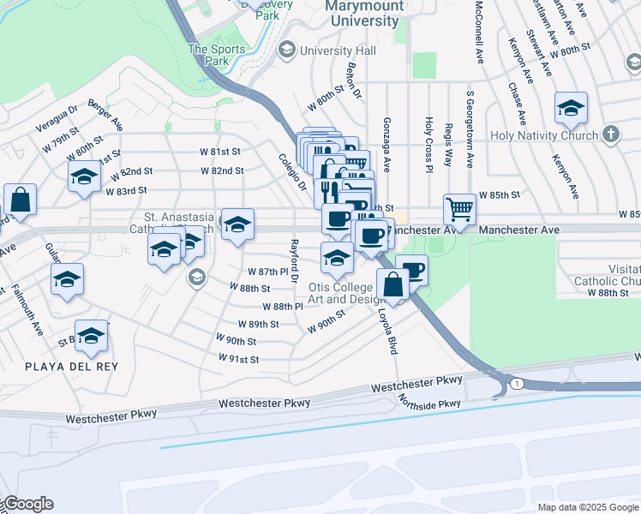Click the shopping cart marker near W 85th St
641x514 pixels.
460,208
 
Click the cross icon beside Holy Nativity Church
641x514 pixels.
610,134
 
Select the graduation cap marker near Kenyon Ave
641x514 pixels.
571,109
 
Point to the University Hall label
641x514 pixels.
338,51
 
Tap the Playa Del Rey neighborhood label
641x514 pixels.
71,366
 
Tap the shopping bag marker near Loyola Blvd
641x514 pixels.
392,284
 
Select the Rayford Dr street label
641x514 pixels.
293,261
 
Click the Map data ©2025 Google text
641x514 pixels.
587,507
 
